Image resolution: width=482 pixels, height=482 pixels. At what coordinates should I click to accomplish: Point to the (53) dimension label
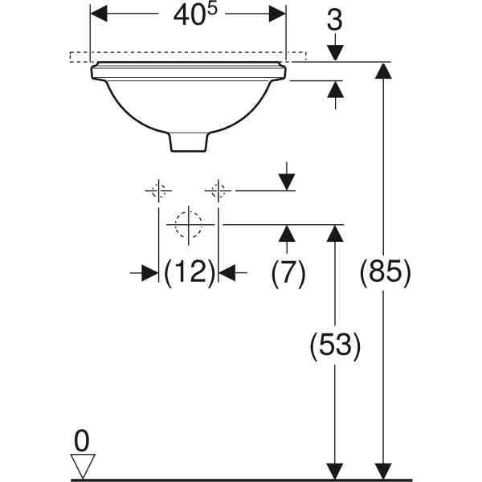point(335,346)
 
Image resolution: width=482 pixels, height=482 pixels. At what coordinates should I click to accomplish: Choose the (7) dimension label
point(288,273)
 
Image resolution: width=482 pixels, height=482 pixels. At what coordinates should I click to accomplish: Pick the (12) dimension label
point(189,273)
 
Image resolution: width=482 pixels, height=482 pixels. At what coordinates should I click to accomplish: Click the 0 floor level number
point(81,441)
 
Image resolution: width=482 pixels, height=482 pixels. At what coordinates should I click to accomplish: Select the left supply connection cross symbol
point(158,190)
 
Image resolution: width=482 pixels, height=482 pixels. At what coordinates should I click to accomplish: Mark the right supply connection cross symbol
point(218,190)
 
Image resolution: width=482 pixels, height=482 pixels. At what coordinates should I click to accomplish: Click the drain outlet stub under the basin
point(189,141)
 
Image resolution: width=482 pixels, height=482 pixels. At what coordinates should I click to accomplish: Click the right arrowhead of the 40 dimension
point(277,13)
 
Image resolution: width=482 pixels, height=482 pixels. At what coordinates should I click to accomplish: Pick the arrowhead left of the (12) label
point(149,273)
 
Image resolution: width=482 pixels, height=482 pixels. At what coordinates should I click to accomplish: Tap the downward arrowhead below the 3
point(336,51)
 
